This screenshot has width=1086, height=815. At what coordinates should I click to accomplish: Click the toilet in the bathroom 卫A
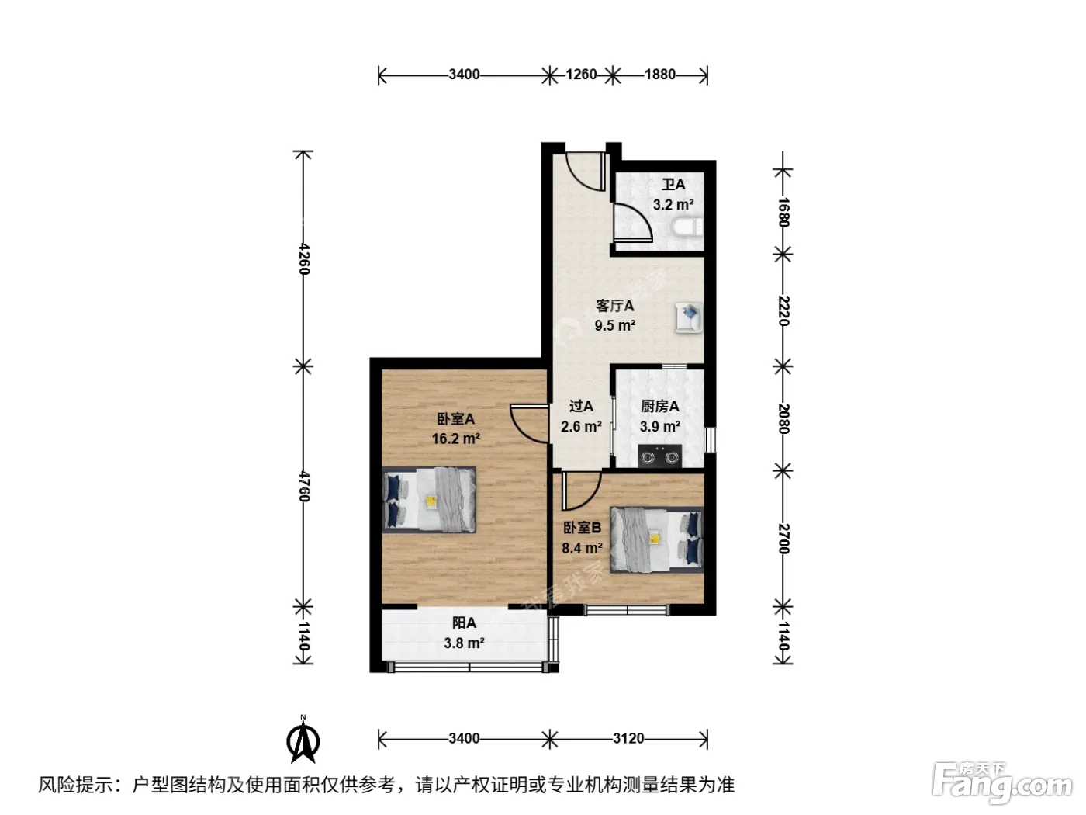[688, 227]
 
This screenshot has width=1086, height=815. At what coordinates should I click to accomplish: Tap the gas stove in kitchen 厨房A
[659, 456]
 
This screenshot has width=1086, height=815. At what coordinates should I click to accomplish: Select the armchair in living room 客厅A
[689, 317]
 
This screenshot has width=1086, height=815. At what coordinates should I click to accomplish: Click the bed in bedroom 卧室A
[429, 499]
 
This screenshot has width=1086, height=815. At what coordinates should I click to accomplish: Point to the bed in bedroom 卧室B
[656, 539]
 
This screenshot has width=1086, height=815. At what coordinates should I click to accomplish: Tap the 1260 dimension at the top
[581, 75]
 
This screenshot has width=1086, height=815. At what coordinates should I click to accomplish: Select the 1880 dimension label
[659, 75]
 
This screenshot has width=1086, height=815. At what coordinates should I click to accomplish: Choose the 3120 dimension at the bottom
[628, 739]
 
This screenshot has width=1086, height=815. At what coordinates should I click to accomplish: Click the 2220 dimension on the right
[783, 310]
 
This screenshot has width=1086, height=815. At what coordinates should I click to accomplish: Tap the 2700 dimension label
[783, 539]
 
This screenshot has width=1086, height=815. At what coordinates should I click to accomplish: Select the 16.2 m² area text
[455, 439]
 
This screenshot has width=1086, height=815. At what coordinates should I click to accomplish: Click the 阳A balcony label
[464, 623]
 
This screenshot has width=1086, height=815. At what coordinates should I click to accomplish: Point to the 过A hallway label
[581, 406]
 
